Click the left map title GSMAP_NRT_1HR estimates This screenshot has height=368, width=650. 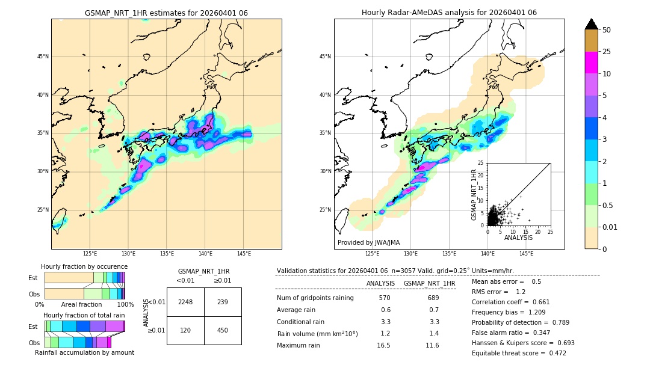coord(166,13)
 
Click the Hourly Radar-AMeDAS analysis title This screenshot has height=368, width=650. coord(449,13)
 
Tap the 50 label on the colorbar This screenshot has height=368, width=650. coord(607,30)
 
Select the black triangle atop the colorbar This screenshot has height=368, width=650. coord(592,24)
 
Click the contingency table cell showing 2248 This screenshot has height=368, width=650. coord(185,302)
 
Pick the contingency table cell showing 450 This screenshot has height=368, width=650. coord(223,330)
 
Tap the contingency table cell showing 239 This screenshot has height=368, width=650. coord(223,302)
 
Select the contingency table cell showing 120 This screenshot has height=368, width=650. coord(185,330)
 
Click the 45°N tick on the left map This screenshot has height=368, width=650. coord(42,57)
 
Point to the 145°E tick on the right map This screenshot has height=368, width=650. coord(526,254)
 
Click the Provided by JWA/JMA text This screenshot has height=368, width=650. coord(368,242)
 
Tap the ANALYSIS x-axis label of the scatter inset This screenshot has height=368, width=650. coord(518,238)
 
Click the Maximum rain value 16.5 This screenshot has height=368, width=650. coord(384,345)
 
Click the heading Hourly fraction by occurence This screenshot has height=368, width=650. coord(84,266)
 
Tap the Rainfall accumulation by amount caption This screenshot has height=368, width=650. coord(89,352)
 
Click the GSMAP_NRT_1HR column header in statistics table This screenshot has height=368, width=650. coord(429,283)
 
